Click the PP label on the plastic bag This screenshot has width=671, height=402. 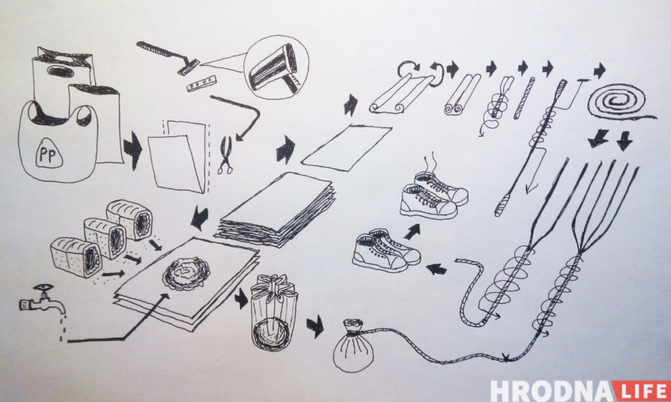tap(48, 154)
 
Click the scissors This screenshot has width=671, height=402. tap(225, 155)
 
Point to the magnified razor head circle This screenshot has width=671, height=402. tap(276, 67)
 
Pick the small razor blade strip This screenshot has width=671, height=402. tap(201, 83)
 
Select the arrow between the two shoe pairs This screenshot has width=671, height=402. tap(412, 232)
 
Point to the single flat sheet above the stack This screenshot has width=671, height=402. tap(347, 147)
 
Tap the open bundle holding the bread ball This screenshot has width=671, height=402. tap(274, 312)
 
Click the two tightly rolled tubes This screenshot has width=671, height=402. tap(462, 94)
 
